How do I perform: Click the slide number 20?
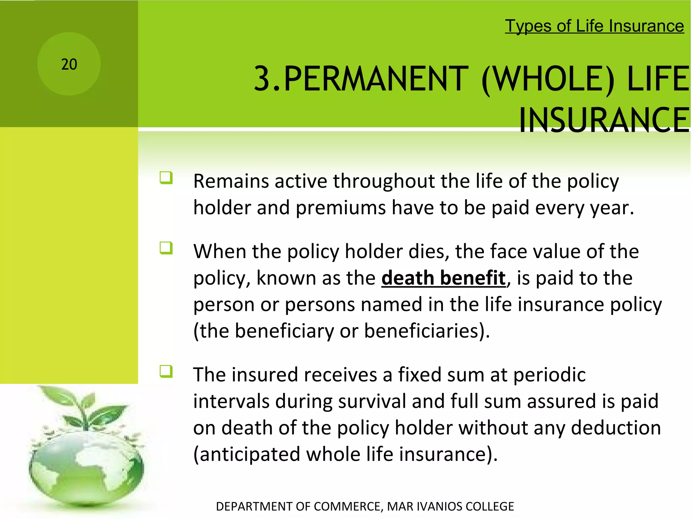tap(69, 64)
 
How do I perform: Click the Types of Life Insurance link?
tap(594, 26)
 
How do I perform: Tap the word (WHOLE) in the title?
tap(547, 79)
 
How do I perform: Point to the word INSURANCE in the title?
tap(604, 120)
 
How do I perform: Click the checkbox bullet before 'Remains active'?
tap(166, 178)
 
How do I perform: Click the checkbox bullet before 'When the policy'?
tap(166, 248)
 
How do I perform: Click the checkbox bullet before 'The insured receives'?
tap(166, 372)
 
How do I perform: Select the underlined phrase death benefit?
tap(443, 278)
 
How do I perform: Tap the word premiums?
tap(341, 207)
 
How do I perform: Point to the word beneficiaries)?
tap(426, 331)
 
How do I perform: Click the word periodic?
tap(549, 375)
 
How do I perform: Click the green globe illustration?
tap(86, 470)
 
